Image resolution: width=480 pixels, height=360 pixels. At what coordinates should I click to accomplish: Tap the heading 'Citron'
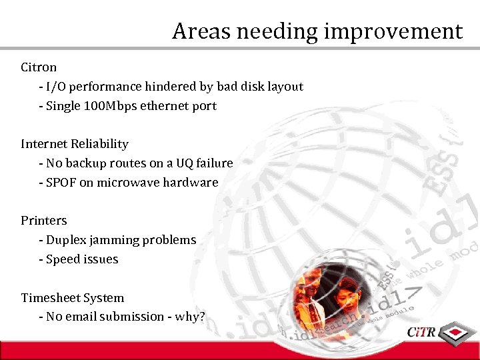39,67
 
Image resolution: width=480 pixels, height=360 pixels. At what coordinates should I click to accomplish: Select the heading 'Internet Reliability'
75,144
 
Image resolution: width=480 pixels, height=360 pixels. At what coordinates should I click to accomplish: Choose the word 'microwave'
127,183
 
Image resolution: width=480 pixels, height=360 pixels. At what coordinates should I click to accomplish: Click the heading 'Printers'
44,221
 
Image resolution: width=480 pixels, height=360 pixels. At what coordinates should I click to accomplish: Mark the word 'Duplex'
65,240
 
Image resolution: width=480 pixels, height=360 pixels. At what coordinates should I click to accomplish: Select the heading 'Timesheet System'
73,298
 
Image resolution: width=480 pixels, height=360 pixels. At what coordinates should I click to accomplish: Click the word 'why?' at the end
190,317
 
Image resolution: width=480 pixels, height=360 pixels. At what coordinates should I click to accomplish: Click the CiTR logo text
421,331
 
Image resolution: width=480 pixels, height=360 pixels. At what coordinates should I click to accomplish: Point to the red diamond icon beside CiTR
456,331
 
